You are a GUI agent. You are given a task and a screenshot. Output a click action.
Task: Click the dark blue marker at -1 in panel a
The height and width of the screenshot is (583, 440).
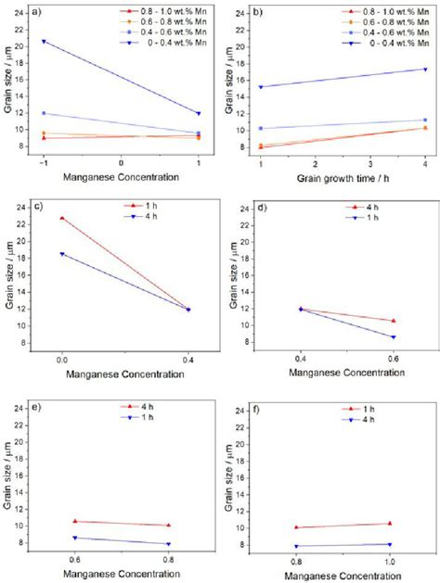click(44, 42)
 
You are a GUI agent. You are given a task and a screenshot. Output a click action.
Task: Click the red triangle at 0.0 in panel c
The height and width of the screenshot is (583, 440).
click(62, 218)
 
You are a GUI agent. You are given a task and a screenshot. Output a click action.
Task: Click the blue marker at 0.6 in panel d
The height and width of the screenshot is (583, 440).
click(393, 337)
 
